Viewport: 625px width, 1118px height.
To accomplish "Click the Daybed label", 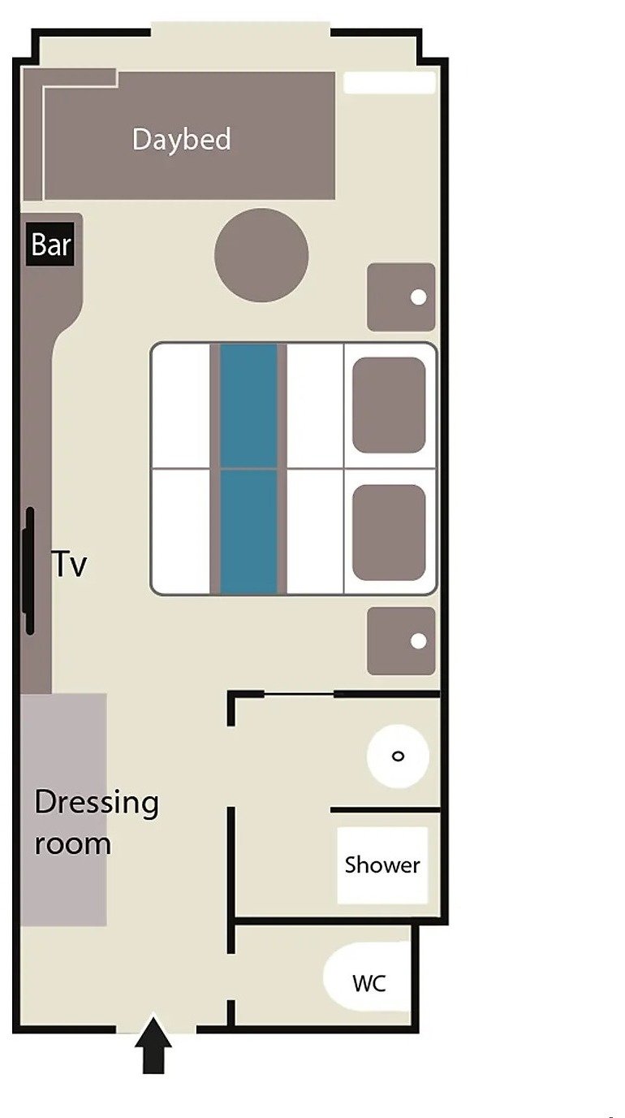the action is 182,140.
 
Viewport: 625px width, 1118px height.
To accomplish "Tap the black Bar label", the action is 50,244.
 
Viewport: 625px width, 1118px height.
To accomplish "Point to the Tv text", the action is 69,564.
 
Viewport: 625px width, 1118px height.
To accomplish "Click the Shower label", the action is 382,865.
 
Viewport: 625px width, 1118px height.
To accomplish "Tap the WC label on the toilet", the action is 369,983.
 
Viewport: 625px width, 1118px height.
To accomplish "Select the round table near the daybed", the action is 261,255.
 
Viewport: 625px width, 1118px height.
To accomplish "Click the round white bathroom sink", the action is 398,756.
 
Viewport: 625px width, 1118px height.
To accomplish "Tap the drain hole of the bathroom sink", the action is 398,756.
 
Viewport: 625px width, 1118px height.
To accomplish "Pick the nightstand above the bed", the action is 401,297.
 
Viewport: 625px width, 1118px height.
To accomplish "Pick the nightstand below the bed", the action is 401,641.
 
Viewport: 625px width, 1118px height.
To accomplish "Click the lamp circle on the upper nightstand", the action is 419,297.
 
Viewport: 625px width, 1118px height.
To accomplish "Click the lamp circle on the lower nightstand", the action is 419,641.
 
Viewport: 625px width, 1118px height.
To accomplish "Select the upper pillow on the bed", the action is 389,405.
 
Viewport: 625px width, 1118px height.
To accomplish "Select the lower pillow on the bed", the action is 389,532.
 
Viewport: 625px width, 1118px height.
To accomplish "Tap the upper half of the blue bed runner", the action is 248,405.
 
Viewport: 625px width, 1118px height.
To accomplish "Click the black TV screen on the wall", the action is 29,571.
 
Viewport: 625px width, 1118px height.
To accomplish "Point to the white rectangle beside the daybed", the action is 390,82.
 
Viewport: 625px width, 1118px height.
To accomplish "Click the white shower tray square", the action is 382,865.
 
